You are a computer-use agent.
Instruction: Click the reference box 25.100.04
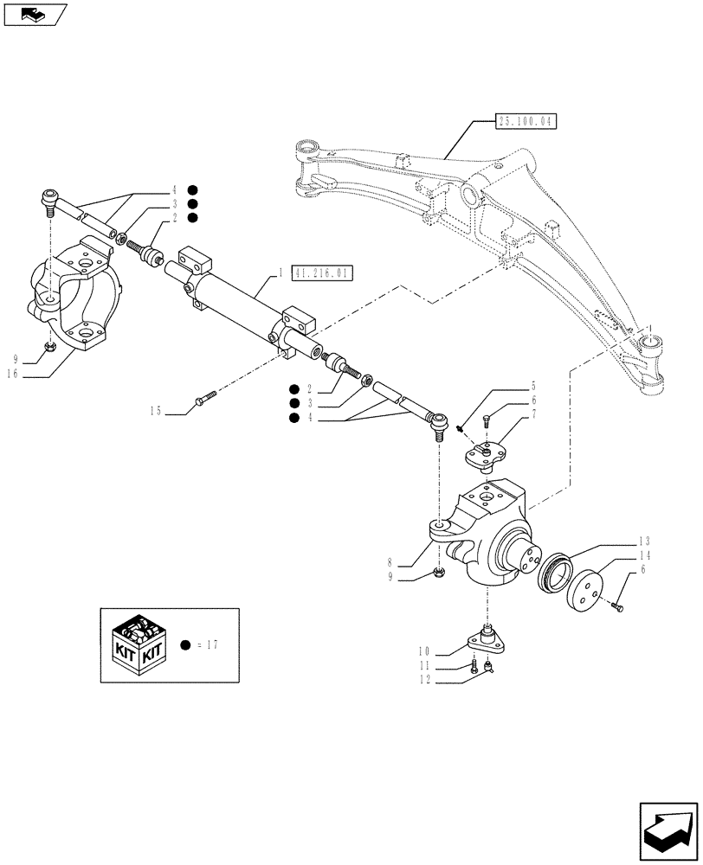tap(526, 122)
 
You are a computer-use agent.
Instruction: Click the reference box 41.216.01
tap(322, 273)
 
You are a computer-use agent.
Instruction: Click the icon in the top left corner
tap(35, 13)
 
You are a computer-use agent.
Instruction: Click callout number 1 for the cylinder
tap(280, 273)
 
